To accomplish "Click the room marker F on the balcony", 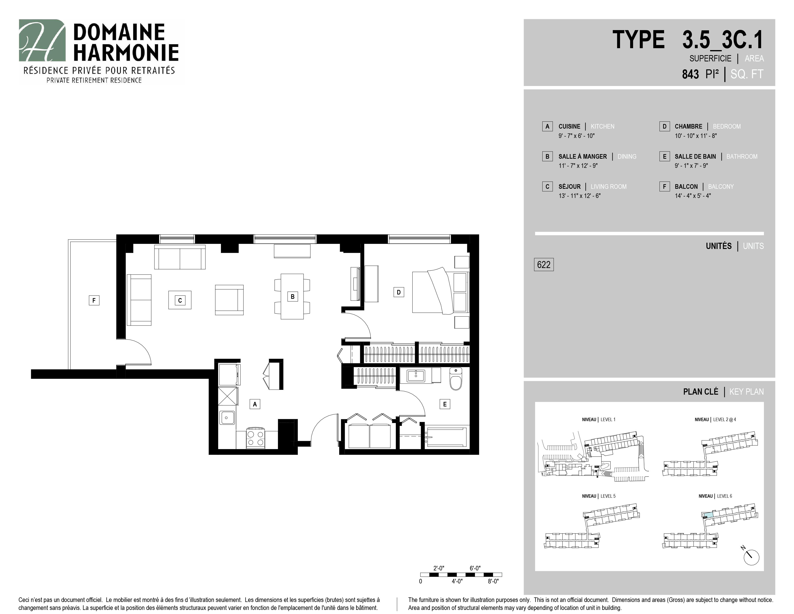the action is coord(94,300).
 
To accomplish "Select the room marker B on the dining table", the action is coord(293,296).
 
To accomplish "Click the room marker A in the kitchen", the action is coord(255,404).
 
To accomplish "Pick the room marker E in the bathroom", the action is coord(445,404).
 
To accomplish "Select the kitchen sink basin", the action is coord(227,417).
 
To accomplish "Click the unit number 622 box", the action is coord(544,264).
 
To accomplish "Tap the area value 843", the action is coord(690,74).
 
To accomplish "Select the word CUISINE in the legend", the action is coord(569,126).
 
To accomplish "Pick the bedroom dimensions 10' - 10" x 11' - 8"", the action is coord(696,136).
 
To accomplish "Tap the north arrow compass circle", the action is coord(751,557).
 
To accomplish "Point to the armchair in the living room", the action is coord(229,300).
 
